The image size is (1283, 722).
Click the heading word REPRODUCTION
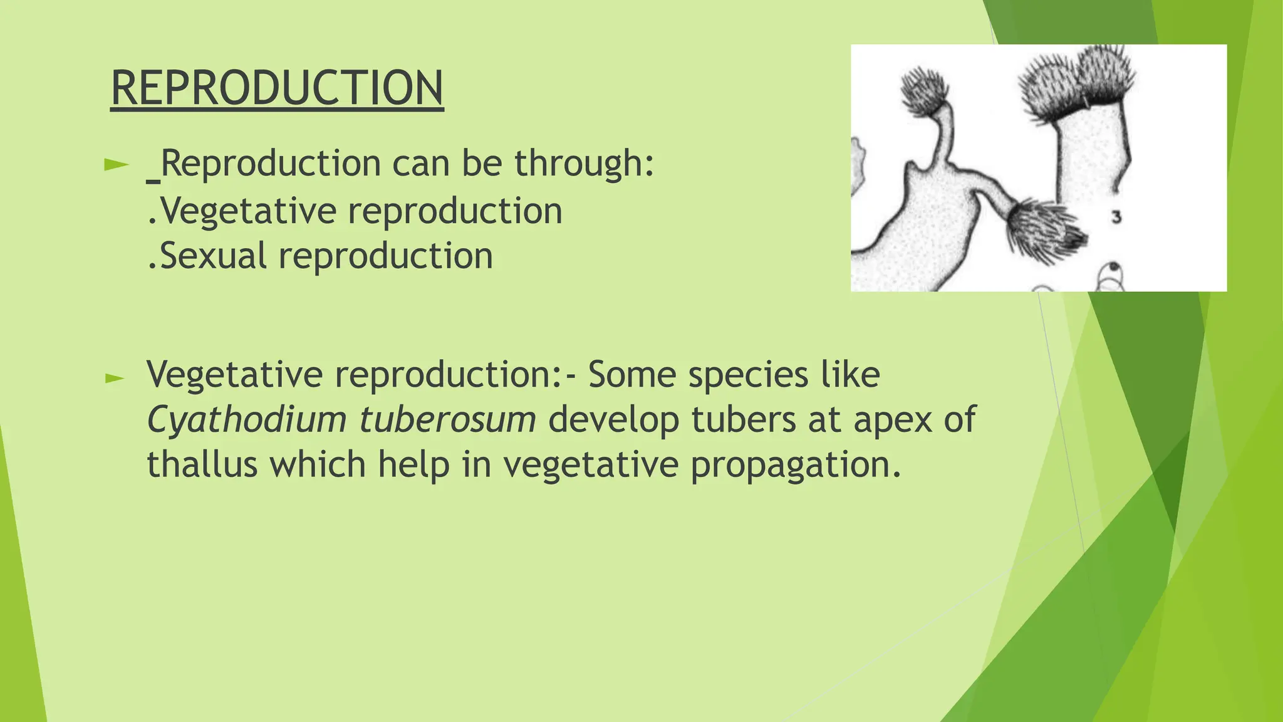[x=277, y=88]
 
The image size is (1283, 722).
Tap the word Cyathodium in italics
[x=246, y=419]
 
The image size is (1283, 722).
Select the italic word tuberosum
[x=447, y=419]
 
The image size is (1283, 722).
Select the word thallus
[x=202, y=464]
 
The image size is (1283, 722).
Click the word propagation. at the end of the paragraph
[x=796, y=464]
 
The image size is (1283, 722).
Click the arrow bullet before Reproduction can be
[x=115, y=165]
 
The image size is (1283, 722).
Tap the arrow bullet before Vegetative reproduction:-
[x=115, y=378]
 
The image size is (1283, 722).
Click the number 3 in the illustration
[x=1116, y=217]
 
